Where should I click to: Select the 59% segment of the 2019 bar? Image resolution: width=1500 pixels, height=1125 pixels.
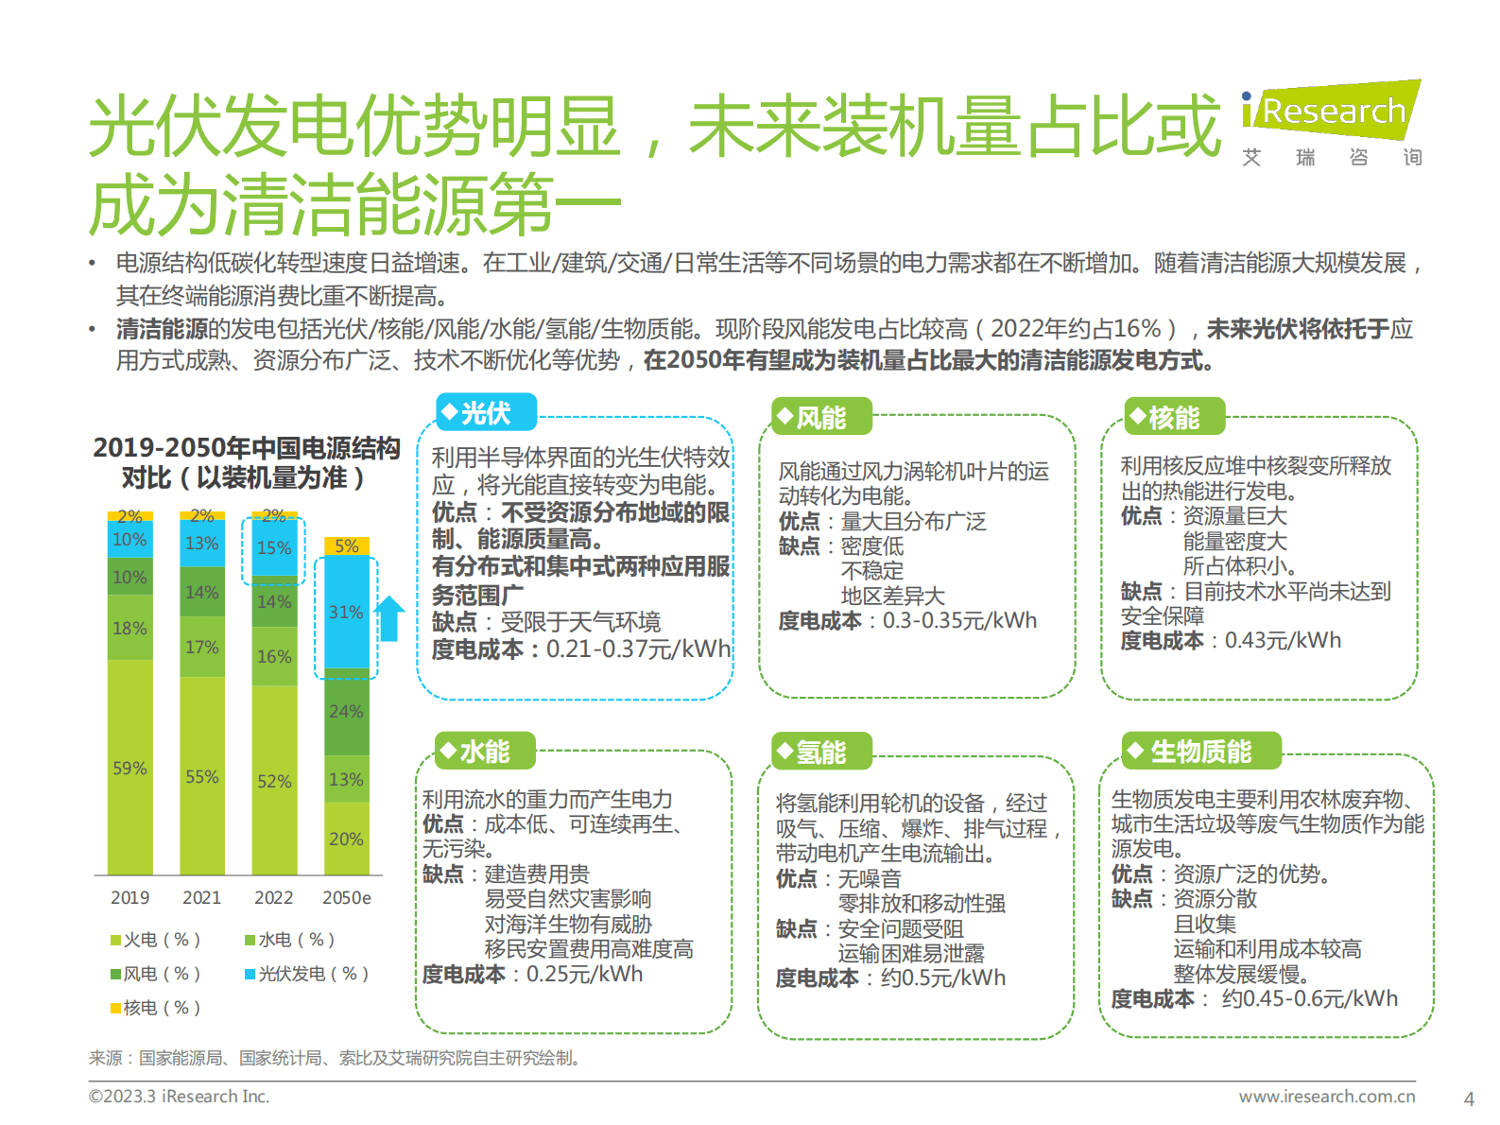(x=129, y=768)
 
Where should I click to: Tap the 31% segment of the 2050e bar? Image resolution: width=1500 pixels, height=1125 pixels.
(x=346, y=613)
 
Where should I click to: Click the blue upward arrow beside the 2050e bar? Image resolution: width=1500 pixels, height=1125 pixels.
(x=389, y=618)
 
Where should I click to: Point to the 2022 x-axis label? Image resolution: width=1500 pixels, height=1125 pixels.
(x=273, y=897)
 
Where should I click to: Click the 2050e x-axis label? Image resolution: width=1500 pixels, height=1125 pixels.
(x=346, y=897)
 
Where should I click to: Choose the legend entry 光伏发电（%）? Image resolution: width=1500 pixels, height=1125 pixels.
(x=306, y=974)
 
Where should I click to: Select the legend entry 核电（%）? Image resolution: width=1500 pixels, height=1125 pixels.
(x=155, y=1008)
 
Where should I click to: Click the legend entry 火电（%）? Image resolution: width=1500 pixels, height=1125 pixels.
(x=155, y=940)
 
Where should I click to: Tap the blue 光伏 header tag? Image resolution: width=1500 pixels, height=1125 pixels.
(x=486, y=413)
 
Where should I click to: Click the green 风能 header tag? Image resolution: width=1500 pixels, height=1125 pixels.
(x=819, y=417)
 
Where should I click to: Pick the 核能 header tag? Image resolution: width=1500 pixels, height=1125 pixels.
(x=1174, y=417)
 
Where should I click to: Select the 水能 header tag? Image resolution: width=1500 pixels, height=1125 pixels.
(x=484, y=752)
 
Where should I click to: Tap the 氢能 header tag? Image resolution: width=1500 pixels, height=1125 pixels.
(x=819, y=753)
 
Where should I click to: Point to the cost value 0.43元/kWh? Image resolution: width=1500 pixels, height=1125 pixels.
(x=1283, y=641)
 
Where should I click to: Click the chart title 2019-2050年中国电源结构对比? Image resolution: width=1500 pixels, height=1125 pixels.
(x=246, y=462)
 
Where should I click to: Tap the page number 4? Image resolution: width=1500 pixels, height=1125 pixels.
(x=1468, y=1099)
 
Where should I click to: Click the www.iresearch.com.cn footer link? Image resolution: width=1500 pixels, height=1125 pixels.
(x=1326, y=1097)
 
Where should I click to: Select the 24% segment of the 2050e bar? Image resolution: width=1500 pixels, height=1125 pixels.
(x=346, y=712)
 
